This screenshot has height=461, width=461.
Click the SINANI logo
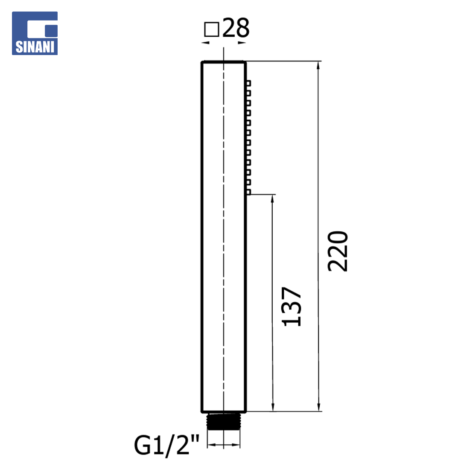tap(35, 33)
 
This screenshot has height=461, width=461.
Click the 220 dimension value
tap(338, 251)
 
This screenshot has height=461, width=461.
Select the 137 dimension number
tap(292, 306)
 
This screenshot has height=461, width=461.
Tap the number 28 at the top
tap(236, 28)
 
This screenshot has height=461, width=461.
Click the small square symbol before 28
tap(212, 29)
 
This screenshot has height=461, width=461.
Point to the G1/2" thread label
tap(166, 445)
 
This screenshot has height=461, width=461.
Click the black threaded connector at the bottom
tap(223, 421)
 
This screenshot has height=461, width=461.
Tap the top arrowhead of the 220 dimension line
tap(318, 65)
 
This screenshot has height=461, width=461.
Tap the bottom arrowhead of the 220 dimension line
tap(319, 407)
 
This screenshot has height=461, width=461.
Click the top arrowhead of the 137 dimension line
tap(272, 198)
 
